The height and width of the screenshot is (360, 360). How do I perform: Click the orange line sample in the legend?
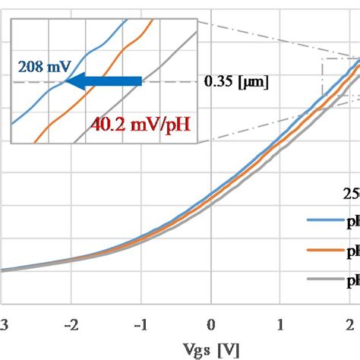click(x=324, y=250)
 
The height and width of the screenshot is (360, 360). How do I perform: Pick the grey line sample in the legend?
click(x=324, y=279)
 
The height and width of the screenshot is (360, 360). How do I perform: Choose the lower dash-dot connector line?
click(x=258, y=122)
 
